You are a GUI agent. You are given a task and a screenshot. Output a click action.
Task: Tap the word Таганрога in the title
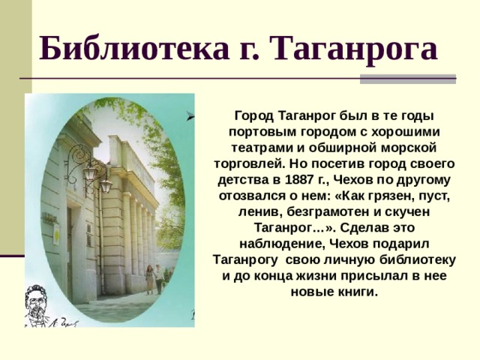tap(355, 49)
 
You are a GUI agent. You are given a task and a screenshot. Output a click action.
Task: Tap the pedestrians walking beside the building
tap(154, 279)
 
